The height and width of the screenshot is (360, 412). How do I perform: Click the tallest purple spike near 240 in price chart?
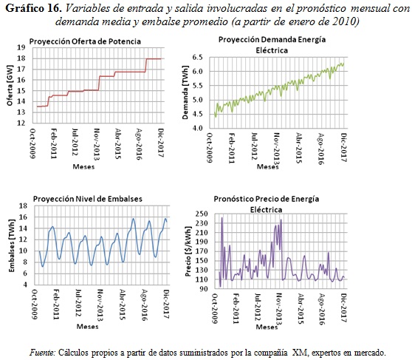(x=222, y=219)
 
